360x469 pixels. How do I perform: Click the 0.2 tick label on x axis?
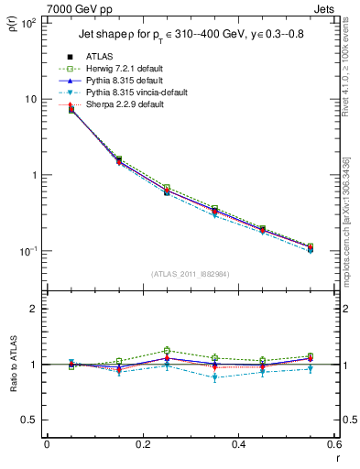point(142,444)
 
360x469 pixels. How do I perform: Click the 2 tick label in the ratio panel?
point(33,309)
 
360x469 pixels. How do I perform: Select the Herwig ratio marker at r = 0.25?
point(167,351)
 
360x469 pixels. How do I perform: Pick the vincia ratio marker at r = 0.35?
point(214,377)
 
